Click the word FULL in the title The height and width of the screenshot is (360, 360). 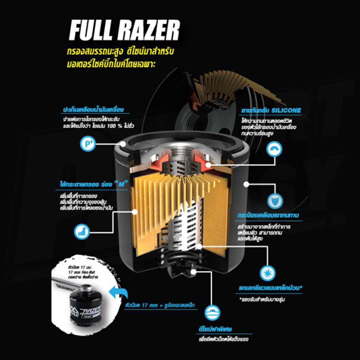(x=92, y=31)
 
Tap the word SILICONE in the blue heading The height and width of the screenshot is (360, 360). (x=287, y=110)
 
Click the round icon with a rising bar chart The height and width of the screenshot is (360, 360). (x=82, y=231)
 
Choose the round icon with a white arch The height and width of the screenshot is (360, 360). (x=275, y=149)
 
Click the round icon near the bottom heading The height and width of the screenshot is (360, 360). (x=213, y=312)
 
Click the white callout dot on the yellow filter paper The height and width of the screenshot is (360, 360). (x=135, y=211)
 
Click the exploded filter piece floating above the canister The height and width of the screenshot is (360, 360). (x=225, y=88)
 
